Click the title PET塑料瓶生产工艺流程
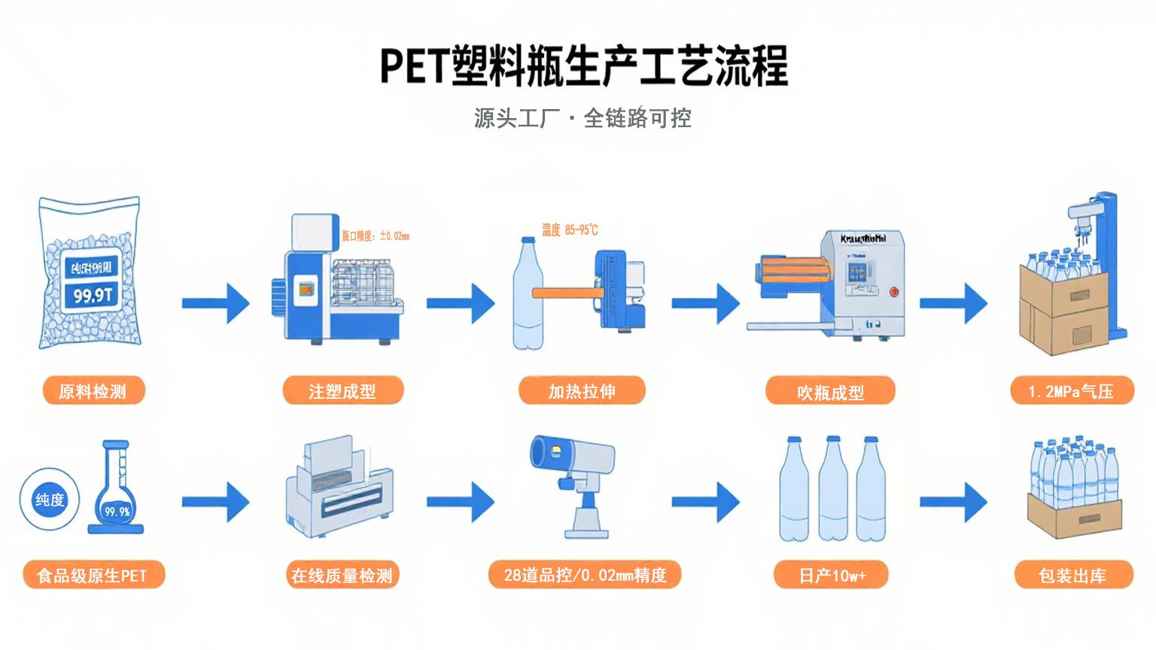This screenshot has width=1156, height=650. click(583, 66)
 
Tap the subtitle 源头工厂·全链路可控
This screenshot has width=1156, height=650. click(583, 118)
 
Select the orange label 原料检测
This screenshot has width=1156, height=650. click(93, 391)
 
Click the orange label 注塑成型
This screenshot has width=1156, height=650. click(342, 391)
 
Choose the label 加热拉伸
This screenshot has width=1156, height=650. click(582, 391)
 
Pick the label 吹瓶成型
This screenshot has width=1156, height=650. click(830, 392)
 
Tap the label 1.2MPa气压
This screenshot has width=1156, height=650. click(1071, 391)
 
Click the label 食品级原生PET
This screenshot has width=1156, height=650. click(93, 576)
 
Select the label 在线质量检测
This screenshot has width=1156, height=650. click(342, 576)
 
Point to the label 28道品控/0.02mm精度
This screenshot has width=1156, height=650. click(585, 576)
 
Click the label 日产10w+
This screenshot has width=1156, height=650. click(832, 576)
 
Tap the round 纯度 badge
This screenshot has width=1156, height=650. click(50, 500)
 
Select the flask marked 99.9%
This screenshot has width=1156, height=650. click(117, 493)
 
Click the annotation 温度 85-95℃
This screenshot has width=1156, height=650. click(570, 229)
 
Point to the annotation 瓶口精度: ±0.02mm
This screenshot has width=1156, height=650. click(376, 236)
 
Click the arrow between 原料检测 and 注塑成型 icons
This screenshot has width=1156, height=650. click(216, 303)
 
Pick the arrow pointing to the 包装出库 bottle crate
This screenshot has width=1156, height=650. click(954, 502)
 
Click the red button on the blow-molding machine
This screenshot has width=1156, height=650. click(894, 291)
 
